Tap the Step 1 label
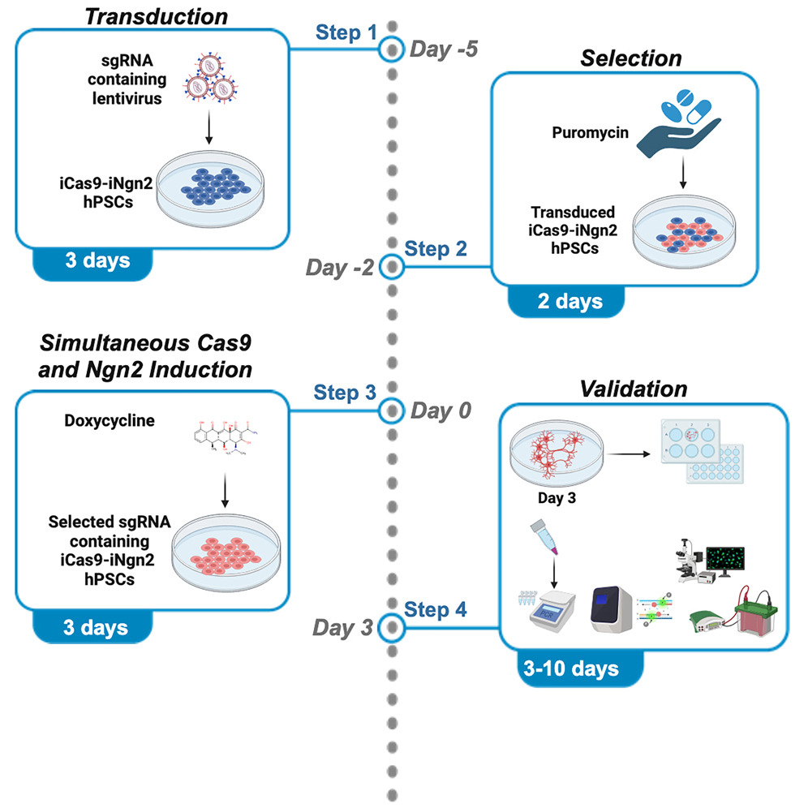pos(346,34)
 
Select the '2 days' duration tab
pos(569,302)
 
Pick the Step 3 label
pos(346,394)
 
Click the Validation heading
pos(633,389)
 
